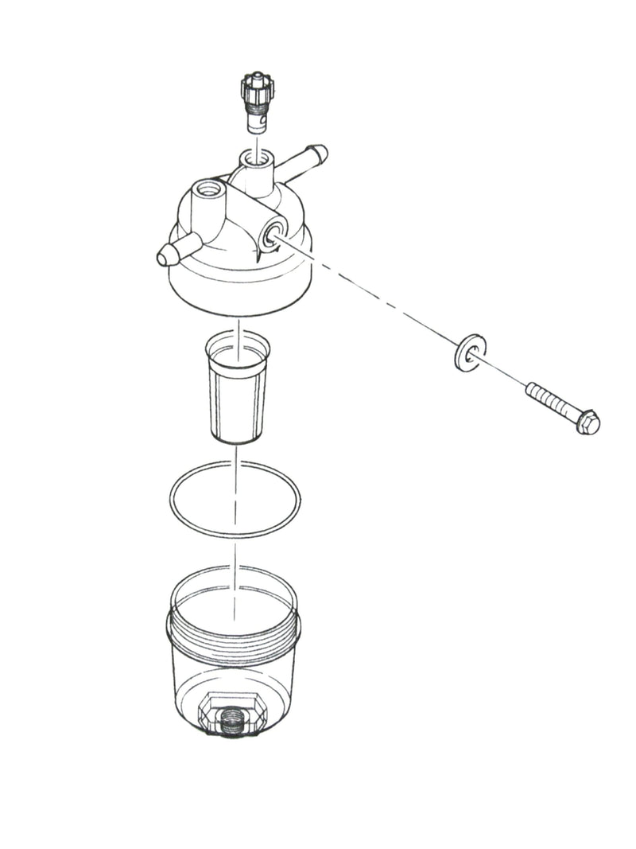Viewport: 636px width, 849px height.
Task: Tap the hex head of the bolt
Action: click(587, 421)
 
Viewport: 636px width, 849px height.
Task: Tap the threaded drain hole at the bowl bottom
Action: click(234, 725)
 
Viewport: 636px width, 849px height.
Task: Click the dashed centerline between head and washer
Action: click(374, 294)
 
